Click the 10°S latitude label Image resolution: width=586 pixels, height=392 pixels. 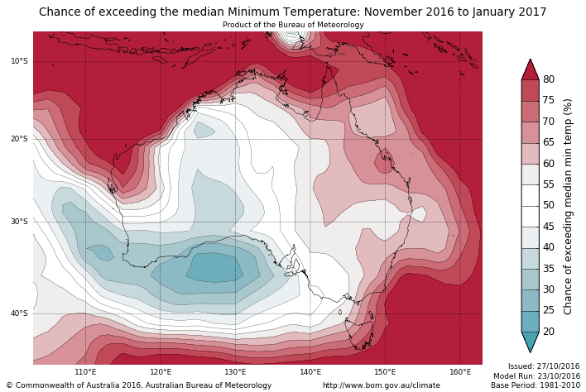coord(19,61)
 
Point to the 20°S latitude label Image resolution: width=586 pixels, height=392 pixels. coord(19,139)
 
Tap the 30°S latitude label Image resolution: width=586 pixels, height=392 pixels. coord(19,222)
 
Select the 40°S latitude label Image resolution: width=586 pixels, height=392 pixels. coord(19,313)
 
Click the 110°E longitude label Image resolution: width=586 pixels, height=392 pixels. coord(85,372)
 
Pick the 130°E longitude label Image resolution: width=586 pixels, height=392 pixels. coord(235,372)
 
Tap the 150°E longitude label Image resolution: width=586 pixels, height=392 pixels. coord(385,372)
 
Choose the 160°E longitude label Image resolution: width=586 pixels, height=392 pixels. coord(460,372)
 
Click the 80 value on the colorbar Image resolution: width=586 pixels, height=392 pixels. coord(549,79)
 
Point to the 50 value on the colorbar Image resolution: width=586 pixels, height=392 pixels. coord(549,205)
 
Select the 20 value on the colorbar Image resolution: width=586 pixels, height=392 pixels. coord(549,332)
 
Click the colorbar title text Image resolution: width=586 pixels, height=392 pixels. coord(569,206)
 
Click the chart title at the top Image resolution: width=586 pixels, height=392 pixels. coord(293,12)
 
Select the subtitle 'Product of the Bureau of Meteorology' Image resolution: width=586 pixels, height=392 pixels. coord(293,25)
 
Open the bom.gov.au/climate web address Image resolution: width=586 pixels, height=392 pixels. coord(382,385)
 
